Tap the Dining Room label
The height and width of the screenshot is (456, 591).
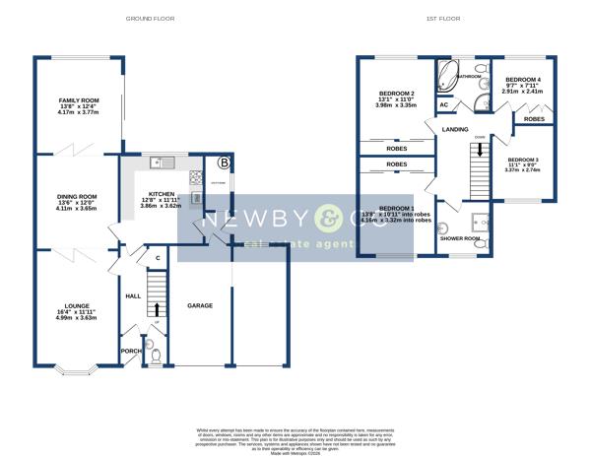(x=77, y=196)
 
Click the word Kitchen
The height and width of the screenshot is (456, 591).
(x=161, y=194)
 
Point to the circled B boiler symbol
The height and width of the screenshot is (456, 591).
(x=224, y=163)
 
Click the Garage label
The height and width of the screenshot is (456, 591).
(x=201, y=306)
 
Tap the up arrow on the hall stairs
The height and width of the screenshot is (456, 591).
(x=156, y=308)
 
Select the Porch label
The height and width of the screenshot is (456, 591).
(x=130, y=349)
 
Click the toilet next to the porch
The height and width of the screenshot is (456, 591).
(x=155, y=355)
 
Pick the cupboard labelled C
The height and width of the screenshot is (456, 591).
(x=158, y=259)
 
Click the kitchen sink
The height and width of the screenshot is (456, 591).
(x=164, y=163)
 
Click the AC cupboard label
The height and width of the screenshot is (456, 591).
(x=444, y=104)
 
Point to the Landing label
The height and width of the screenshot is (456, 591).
(x=455, y=129)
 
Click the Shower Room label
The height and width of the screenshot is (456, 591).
(x=458, y=238)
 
